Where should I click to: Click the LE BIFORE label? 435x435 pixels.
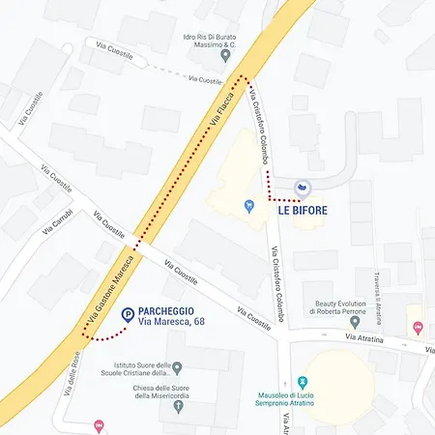pos(303,209)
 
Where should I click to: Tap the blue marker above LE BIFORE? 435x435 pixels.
pos(303,187)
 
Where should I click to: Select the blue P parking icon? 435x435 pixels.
pos(128,314)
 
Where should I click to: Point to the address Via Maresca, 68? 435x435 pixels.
pos(171,322)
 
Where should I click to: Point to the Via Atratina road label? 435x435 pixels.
pos(364,338)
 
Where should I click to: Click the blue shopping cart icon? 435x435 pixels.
pos(248,205)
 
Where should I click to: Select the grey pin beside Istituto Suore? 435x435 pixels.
pos(177,368)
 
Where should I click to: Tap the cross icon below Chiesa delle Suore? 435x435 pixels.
pos(177,406)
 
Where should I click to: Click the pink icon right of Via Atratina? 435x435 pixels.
pos(418,328)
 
